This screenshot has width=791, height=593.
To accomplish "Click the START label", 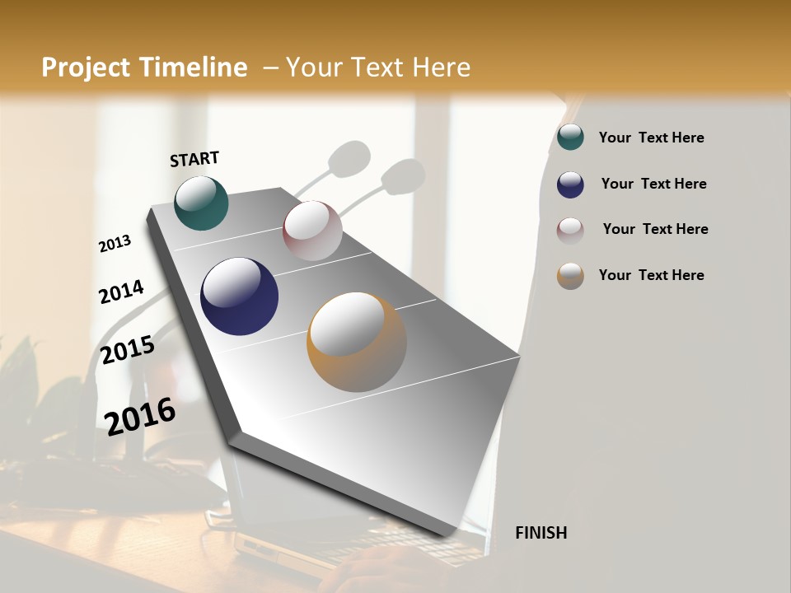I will tap(194, 159).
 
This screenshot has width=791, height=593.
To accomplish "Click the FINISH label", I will tap(541, 533).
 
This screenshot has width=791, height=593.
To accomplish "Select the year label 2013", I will tap(115, 244).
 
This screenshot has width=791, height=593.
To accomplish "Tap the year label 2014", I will tap(121, 292).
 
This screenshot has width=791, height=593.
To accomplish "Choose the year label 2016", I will tap(140, 416).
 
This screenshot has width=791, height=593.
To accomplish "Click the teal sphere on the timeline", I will tap(201, 203).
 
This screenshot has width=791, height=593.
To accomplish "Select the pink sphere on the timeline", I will tap(312, 230).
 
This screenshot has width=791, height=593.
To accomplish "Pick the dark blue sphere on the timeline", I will tap(239, 296).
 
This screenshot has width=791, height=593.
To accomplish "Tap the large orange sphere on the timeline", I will tap(356, 342).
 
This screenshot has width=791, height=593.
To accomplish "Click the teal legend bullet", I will tap(570, 138).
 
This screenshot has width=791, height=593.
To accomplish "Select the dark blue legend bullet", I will tap(570, 184).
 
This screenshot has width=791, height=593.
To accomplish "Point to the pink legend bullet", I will tap(570, 230).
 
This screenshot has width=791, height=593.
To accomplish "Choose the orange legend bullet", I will tap(570, 276).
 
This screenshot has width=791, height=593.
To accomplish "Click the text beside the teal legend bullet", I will tap(651, 138).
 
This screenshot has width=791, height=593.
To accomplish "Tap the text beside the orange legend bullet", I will tap(651, 275).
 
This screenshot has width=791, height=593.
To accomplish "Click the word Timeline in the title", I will tap(194, 68).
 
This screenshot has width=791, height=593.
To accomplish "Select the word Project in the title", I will tap(87, 68).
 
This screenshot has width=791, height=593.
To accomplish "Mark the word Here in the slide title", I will tap(442, 68).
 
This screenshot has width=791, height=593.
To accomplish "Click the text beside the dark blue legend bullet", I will tap(653, 184).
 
